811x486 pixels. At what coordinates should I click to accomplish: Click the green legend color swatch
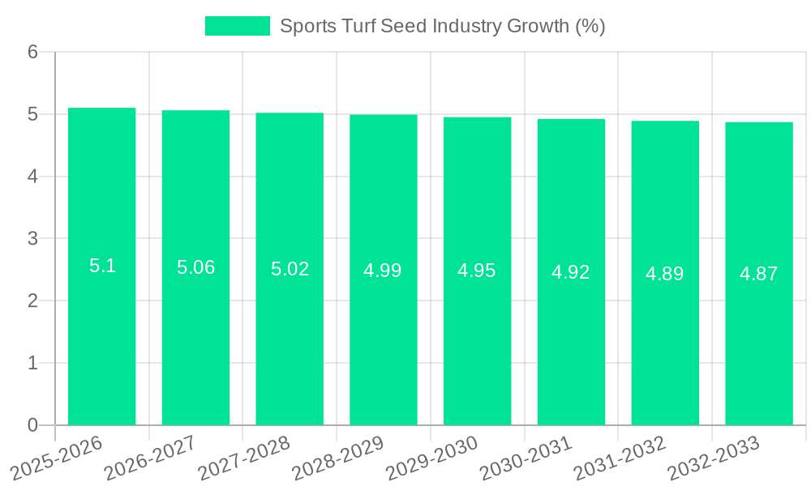237,26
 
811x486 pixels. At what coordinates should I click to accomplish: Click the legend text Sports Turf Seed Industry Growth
442,26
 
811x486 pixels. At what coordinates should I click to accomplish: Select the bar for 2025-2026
101,340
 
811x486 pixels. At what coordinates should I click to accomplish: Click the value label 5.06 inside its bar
195,267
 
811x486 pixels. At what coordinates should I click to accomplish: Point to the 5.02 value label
290,269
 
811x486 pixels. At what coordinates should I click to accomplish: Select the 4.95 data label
477,271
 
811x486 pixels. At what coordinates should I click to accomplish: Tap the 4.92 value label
571,272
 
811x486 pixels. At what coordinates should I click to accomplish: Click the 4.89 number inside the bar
665,274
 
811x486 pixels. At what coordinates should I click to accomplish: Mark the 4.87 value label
759,274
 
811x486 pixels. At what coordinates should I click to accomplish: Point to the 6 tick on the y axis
32,52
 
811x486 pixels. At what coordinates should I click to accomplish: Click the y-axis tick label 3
32,239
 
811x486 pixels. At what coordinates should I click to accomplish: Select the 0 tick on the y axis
32,425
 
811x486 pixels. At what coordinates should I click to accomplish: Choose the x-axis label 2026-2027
150,458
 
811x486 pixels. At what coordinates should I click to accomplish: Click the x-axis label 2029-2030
431,458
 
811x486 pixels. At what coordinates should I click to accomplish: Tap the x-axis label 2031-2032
620,458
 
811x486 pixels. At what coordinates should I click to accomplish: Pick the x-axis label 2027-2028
244,458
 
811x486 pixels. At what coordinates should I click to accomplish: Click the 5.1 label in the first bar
102,266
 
